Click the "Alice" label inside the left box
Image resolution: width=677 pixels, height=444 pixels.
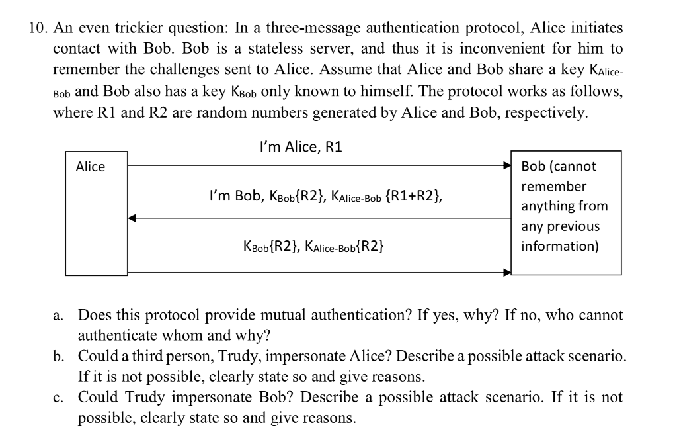point(91,167)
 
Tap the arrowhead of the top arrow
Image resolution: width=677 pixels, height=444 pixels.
point(507,165)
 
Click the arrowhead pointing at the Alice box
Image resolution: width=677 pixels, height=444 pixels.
point(132,217)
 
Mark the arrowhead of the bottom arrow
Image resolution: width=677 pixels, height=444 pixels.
point(507,271)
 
